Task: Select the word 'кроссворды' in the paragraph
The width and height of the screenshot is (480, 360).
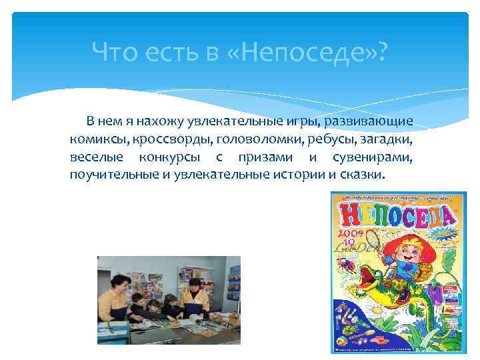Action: [x=169, y=140]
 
